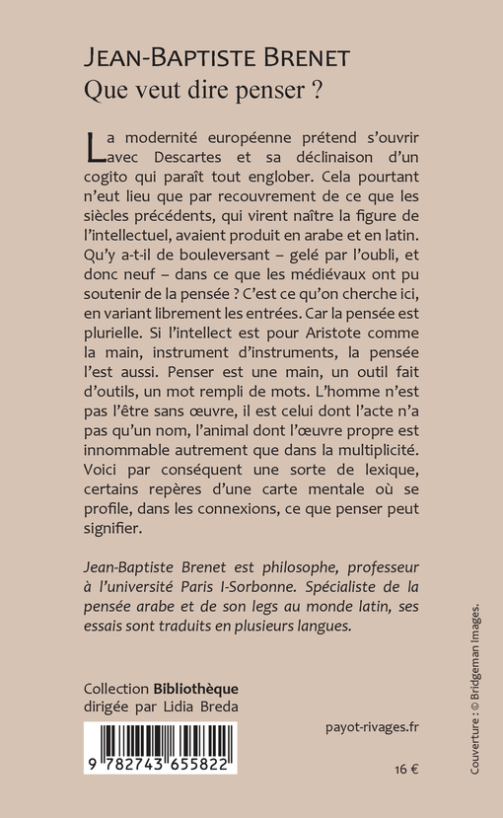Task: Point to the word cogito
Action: pyautogui.click(x=109, y=185)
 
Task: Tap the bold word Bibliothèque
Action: pyautogui.click(x=195, y=688)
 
